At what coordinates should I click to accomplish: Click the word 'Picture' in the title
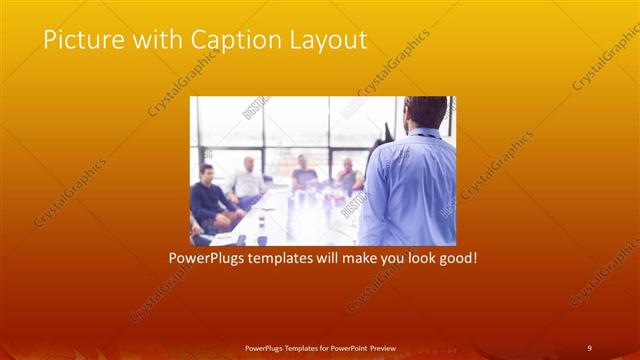77,40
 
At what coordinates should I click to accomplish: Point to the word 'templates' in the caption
282,258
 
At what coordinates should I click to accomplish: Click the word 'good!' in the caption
456,258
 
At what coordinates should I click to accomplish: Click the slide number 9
589,347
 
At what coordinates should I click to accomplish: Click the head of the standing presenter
424,112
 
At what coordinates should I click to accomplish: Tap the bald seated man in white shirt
247,180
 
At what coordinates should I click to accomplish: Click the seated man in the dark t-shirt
305,175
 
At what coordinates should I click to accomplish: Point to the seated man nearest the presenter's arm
349,177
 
